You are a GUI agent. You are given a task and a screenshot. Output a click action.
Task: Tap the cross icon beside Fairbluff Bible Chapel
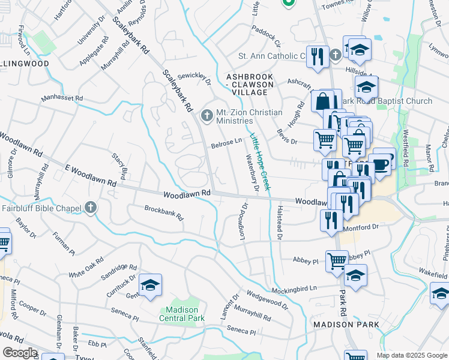[91, 208]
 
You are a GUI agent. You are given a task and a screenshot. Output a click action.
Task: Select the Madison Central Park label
[182, 314]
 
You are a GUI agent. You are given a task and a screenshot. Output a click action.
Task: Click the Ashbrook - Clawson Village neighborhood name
[249, 85]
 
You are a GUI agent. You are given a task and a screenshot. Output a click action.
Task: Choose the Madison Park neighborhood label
[346, 325]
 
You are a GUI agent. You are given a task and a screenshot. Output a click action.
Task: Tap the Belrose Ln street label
[226, 143]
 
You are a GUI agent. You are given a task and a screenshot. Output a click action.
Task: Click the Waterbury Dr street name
[251, 173]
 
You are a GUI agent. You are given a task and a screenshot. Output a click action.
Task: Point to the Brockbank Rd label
[163, 213]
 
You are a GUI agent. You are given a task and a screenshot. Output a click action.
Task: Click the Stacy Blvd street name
[120, 166]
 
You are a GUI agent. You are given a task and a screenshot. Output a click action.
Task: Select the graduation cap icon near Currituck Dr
[150, 286]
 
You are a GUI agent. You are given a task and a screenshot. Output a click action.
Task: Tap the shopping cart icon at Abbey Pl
[337, 260]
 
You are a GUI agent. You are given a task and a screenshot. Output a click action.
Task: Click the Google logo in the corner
[20, 352]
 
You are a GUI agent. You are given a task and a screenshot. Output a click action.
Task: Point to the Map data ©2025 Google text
[411, 355]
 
